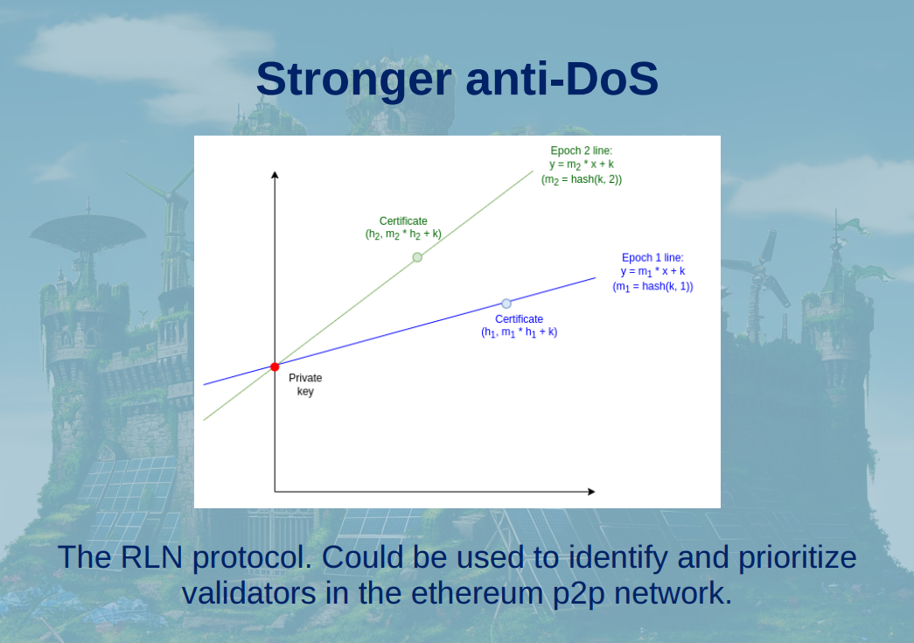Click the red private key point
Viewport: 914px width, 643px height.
[275, 367]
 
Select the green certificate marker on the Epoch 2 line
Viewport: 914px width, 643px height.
[417, 257]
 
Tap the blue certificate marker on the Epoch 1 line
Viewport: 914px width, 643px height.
[506, 304]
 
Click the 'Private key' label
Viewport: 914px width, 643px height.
[305, 384]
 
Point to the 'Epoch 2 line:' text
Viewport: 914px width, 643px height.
[581, 150]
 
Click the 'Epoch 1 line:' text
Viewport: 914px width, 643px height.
[652, 257]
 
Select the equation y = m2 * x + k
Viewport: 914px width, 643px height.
[581, 165]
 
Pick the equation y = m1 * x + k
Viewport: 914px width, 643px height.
[652, 272]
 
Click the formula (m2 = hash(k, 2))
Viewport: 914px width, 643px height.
[581, 179]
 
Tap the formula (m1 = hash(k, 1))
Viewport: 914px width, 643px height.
[652, 286]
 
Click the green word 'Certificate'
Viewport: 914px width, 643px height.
[403, 221]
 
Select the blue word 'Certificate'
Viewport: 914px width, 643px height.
[519, 319]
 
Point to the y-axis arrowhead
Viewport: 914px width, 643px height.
[275, 174]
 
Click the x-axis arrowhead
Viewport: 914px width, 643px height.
[591, 492]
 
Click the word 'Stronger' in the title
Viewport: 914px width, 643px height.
[354, 80]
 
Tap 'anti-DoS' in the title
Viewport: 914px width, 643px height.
[562, 79]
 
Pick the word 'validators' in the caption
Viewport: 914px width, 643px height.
[249, 593]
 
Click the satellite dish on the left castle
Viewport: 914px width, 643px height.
[87, 230]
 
